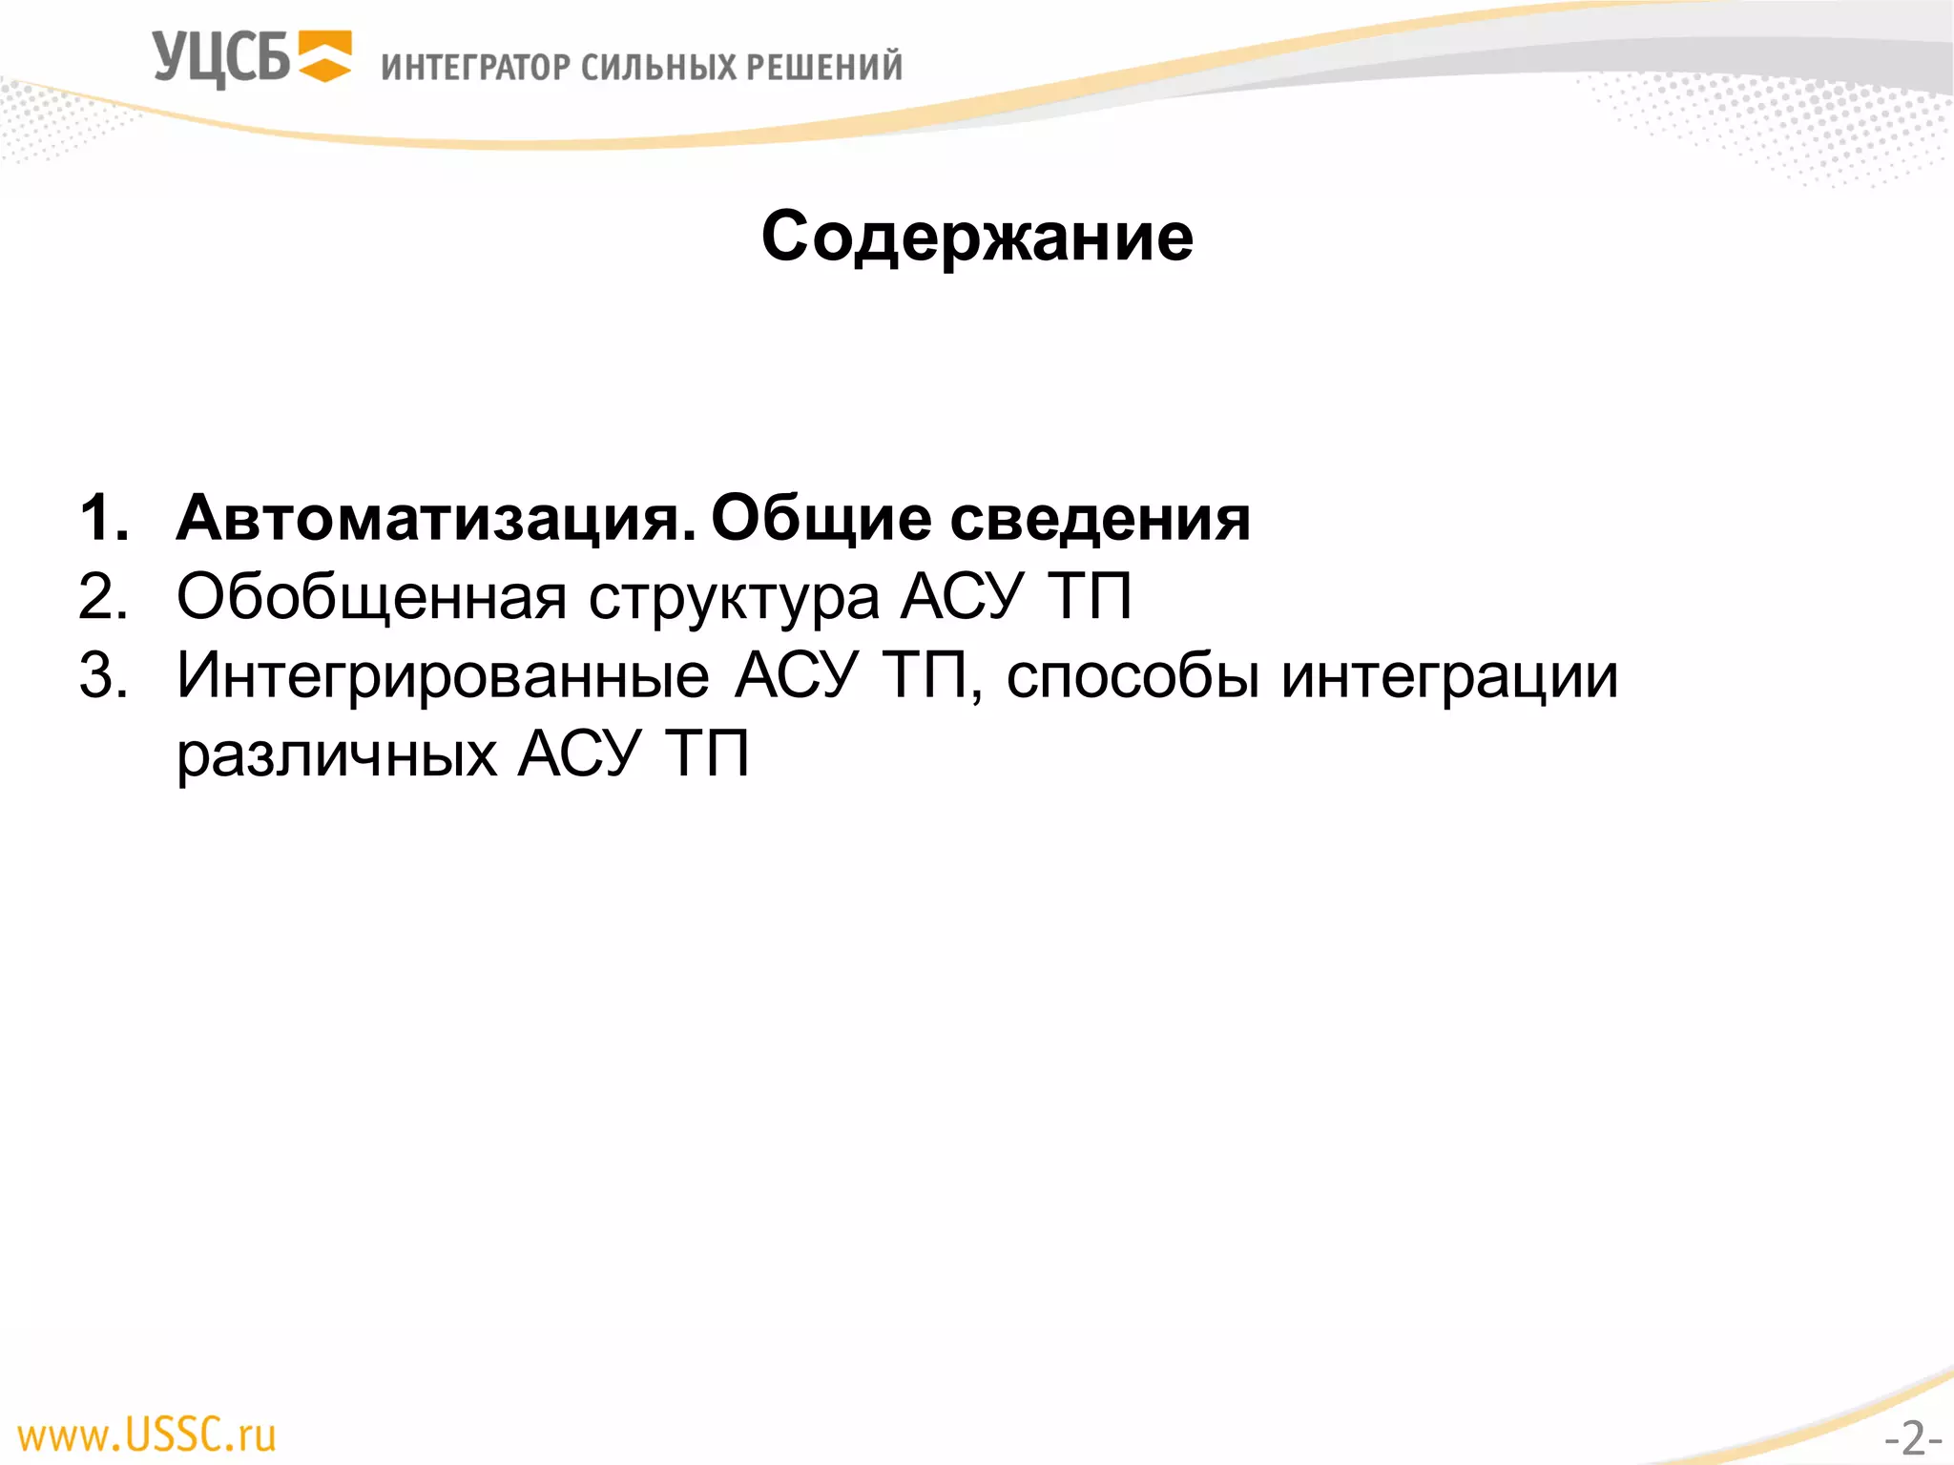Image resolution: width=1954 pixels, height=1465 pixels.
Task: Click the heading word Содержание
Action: (977, 237)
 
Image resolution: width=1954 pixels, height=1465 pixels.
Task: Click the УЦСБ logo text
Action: (220, 58)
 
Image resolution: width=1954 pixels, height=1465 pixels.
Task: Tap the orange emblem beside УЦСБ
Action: (324, 56)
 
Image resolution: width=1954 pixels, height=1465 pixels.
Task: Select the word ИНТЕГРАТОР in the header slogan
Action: (476, 67)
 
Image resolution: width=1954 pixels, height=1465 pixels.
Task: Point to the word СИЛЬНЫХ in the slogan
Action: (658, 67)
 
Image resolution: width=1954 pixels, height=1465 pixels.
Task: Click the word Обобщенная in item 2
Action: (372, 598)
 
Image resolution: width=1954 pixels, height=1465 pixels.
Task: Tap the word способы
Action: (1133, 677)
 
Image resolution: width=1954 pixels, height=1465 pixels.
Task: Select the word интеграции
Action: (1449, 677)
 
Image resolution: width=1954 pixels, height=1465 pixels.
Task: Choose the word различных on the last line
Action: (338, 755)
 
